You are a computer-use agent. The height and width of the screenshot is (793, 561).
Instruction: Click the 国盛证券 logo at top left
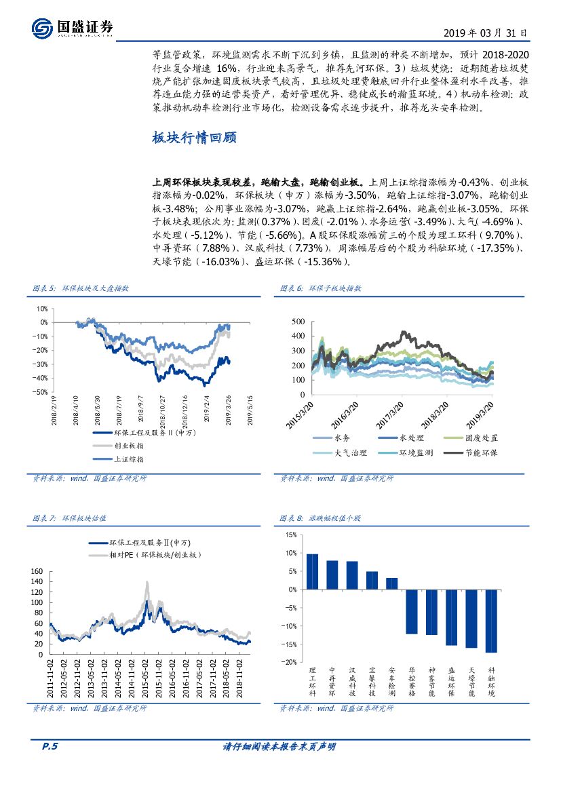tap(71, 26)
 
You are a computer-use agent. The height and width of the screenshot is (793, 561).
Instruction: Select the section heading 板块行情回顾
tap(194, 138)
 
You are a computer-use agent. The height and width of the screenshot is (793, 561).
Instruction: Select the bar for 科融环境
tap(491, 621)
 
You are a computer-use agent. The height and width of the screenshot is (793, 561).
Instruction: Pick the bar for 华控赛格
tap(412, 611)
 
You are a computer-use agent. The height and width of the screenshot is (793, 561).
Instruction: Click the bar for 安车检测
tap(391, 583)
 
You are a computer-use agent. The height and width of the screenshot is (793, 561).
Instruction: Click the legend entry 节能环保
tap(480, 452)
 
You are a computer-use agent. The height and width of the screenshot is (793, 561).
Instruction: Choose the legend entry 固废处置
tap(480, 438)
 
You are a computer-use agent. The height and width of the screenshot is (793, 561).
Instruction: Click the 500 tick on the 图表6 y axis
tap(298, 321)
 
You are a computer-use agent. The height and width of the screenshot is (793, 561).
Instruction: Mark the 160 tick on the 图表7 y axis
tap(37, 571)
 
